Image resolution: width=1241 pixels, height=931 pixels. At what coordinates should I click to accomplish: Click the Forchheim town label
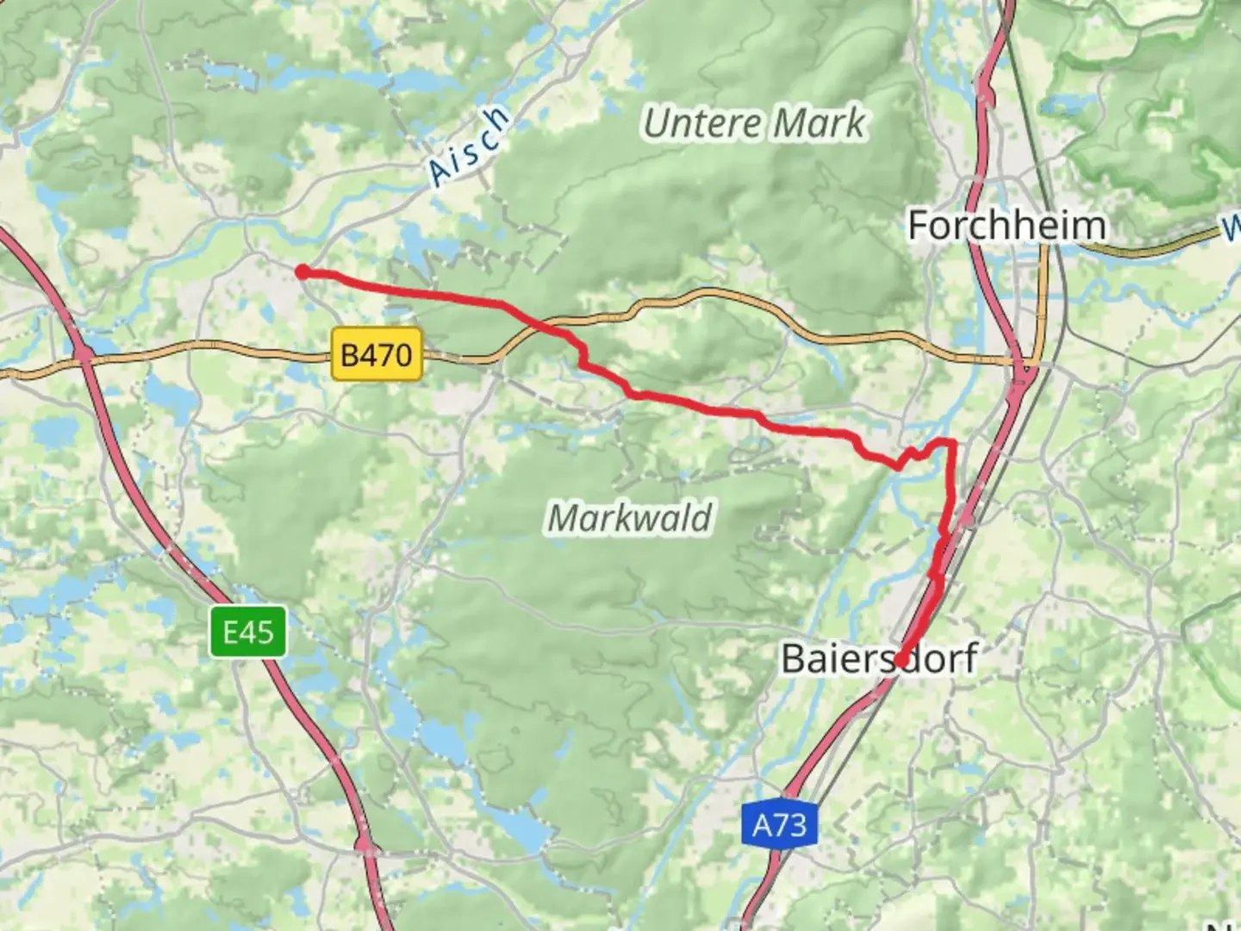(1007, 226)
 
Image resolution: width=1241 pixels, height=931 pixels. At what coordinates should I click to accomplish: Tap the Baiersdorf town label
(879, 659)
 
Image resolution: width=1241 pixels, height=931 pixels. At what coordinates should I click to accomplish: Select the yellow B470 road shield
(377, 354)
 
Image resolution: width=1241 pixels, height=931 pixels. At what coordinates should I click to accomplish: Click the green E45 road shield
(248, 632)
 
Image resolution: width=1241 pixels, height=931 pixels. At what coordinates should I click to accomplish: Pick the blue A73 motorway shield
(779, 825)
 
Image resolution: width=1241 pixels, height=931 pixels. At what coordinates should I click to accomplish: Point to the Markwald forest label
(630, 518)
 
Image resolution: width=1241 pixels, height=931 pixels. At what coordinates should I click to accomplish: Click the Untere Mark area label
(754, 123)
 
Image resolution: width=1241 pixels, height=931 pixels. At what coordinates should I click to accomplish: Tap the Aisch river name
(470, 147)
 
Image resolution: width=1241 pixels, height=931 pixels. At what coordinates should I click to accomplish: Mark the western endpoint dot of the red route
(302, 272)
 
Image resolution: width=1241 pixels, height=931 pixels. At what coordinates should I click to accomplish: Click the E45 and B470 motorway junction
(84, 353)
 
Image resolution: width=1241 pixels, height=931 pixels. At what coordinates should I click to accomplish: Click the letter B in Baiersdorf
(795, 659)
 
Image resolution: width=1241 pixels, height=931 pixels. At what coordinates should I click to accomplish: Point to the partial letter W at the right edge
(1232, 230)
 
